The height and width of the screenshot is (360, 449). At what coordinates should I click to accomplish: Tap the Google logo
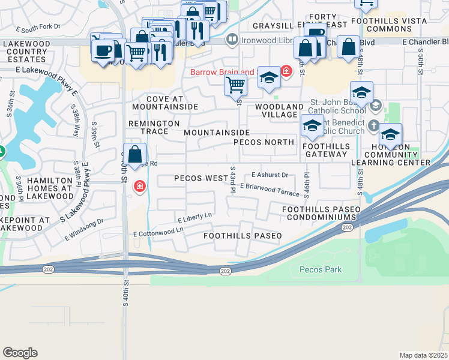[20, 353]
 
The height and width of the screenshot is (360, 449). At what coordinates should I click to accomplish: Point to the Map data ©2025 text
[423, 355]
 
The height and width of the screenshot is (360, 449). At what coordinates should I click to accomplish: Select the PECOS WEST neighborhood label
[201, 178]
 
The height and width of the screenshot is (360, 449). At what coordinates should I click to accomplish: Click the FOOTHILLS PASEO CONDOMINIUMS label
[321, 213]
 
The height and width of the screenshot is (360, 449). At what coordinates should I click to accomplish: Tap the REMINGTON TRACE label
[154, 127]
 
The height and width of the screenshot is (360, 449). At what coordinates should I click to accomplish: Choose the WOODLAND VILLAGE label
[279, 110]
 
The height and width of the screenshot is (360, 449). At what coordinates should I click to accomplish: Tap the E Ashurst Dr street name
[270, 175]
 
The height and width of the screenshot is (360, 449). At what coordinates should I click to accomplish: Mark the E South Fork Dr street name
[38, 28]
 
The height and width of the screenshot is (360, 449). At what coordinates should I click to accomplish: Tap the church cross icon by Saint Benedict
[374, 126]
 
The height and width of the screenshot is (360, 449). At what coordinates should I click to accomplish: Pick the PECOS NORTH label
[264, 142]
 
